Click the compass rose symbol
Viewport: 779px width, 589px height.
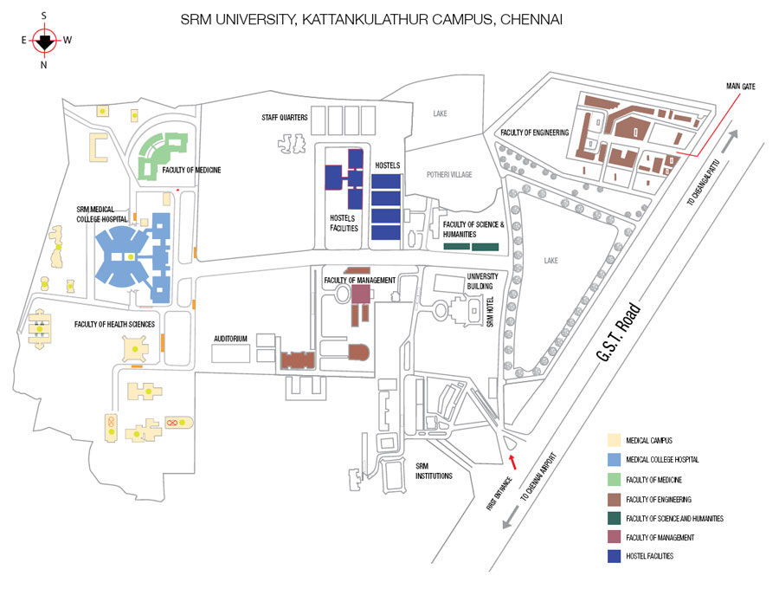click(45, 40)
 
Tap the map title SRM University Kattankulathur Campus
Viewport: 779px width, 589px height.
click(371, 19)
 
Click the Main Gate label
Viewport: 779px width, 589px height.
click(740, 87)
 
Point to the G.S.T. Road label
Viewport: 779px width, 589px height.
click(619, 332)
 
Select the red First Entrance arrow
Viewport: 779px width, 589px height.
click(512, 462)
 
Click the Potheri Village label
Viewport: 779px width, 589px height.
click(449, 174)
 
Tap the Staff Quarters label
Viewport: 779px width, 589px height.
click(285, 117)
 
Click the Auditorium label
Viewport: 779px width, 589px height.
click(230, 339)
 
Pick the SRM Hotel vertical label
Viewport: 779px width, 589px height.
click(490, 312)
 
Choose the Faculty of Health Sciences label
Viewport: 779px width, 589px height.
click(114, 324)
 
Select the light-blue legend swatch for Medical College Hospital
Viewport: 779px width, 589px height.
click(614, 459)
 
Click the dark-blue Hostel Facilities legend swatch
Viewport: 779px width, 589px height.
click(614, 556)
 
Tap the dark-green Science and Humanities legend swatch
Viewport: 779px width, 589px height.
click(614, 518)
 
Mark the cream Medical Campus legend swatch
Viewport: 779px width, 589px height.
click(614, 440)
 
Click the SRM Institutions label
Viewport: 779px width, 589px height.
click(434, 470)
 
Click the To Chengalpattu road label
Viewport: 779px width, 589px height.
click(703, 183)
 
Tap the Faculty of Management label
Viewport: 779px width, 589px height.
click(360, 281)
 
